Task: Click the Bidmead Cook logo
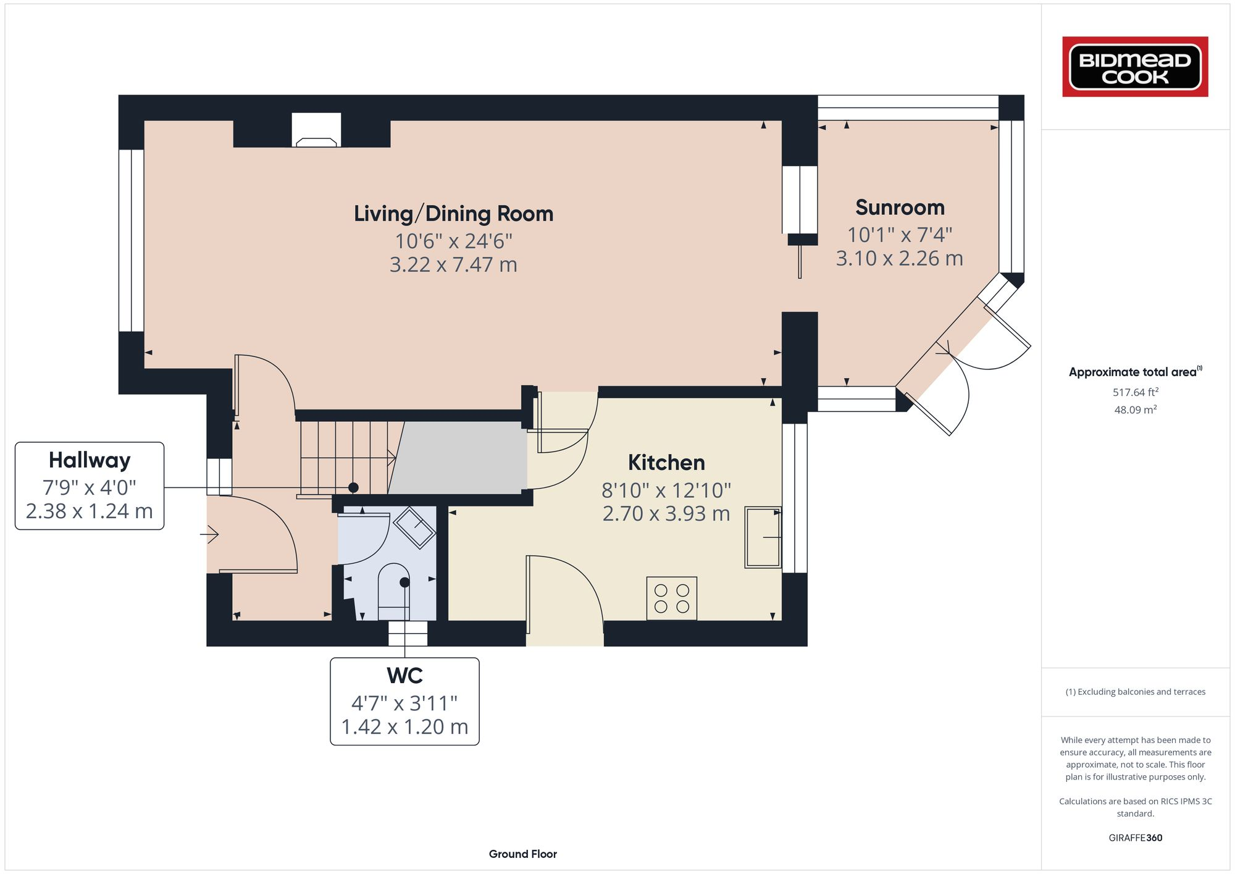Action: pyautogui.click(x=1135, y=67)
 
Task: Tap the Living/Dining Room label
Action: pyautogui.click(x=453, y=214)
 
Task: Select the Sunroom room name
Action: pyautogui.click(x=900, y=208)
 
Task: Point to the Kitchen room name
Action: pyautogui.click(x=666, y=463)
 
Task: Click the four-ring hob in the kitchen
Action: pyautogui.click(x=672, y=599)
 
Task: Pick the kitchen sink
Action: pyautogui.click(x=763, y=537)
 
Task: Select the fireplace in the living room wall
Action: pyautogui.click(x=316, y=130)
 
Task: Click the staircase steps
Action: pyautogui.click(x=346, y=458)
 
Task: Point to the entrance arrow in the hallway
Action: pyautogui.click(x=210, y=534)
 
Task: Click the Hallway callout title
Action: pyautogui.click(x=90, y=461)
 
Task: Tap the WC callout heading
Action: pyautogui.click(x=404, y=676)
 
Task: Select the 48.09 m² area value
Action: pyautogui.click(x=1135, y=410)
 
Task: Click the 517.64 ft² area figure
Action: pyautogui.click(x=1135, y=392)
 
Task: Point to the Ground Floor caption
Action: pyautogui.click(x=523, y=854)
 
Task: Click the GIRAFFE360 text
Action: pyautogui.click(x=1135, y=838)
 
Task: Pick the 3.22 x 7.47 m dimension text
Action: pyautogui.click(x=453, y=264)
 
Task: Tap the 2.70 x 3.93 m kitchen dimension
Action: pyautogui.click(x=666, y=513)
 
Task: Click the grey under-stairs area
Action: pyautogui.click(x=460, y=458)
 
